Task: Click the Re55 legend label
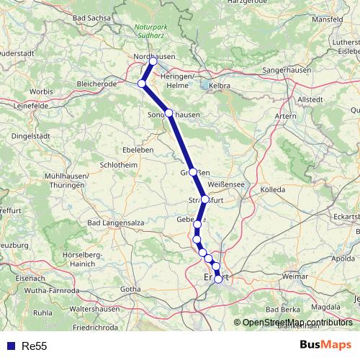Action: coord(34,346)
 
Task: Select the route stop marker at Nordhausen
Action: coord(153,61)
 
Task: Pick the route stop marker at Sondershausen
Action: coord(168,113)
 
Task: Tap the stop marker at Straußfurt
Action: coord(205,199)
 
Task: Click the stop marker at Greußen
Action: coord(193,172)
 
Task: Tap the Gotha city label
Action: coord(130,289)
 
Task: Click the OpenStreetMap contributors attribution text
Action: coord(298,323)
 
